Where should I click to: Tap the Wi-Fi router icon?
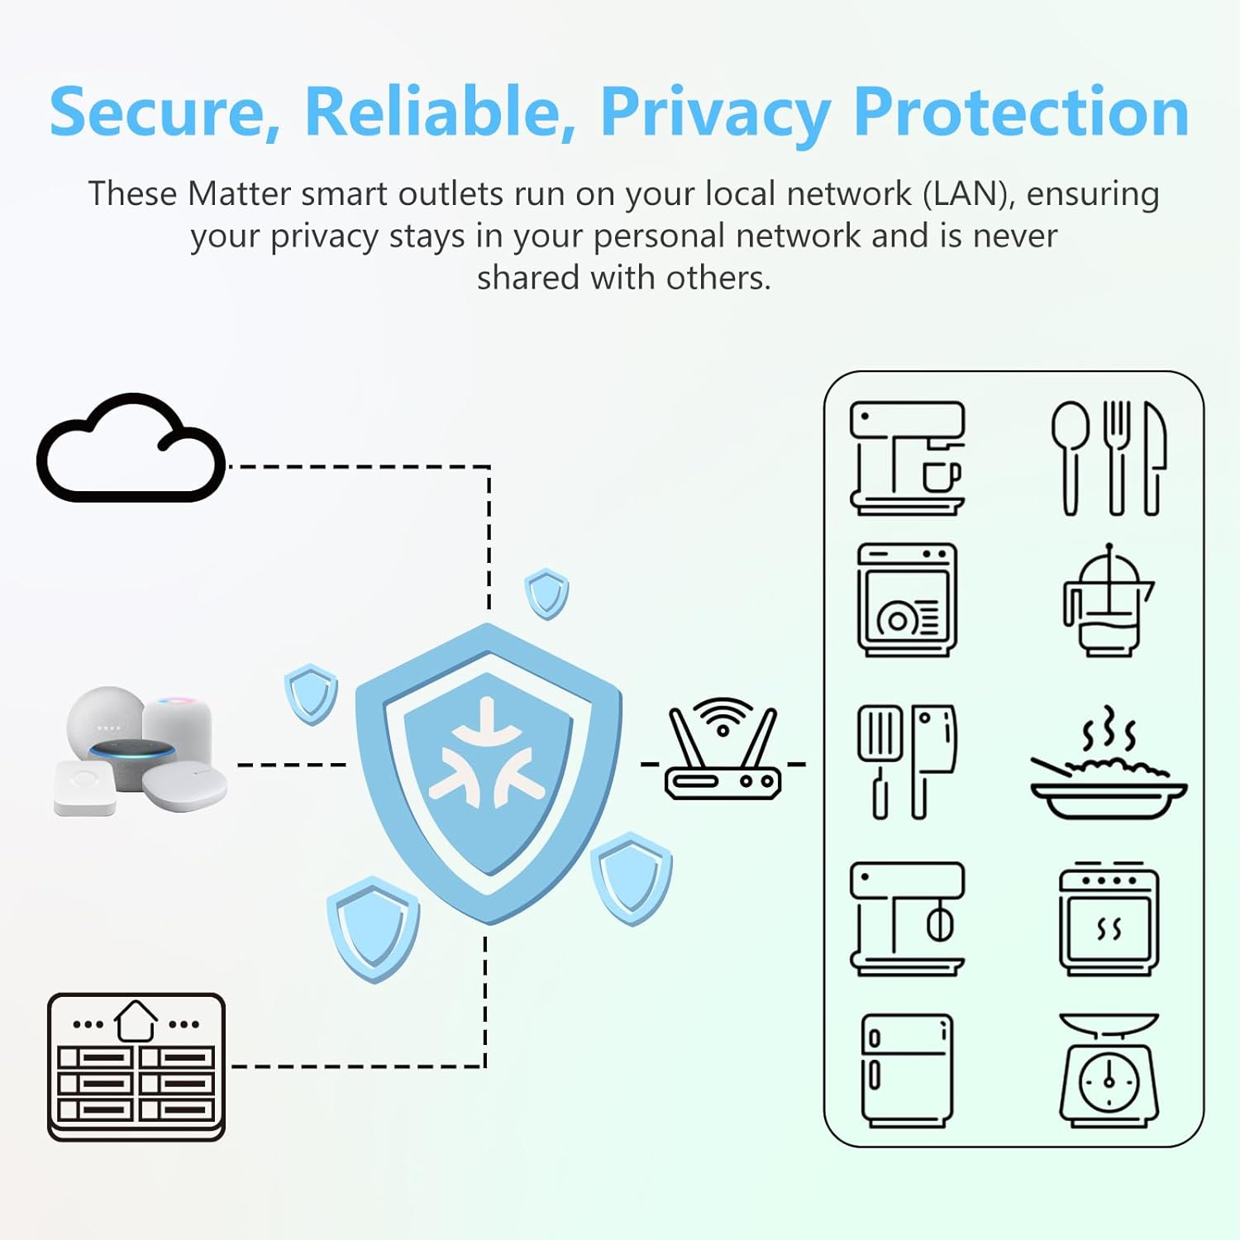pyautogui.click(x=723, y=755)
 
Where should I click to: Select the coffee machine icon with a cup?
pyautogui.click(x=907, y=458)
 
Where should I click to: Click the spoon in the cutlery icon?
pyautogui.click(x=1071, y=455)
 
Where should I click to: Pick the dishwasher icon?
pyautogui.click(x=907, y=599)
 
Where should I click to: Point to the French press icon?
pyautogui.click(x=1107, y=601)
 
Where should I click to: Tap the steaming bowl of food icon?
pyautogui.click(x=1108, y=765)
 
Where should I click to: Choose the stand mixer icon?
pyautogui.click(x=907, y=918)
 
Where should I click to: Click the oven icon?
pyautogui.click(x=1109, y=919)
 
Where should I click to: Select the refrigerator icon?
pyautogui.click(x=907, y=1070)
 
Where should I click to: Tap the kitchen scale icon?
pyautogui.click(x=1109, y=1070)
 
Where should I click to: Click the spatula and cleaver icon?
pyautogui.click(x=907, y=761)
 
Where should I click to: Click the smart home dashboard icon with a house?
pyautogui.click(x=136, y=1066)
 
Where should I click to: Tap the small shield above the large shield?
pyautogui.click(x=546, y=593)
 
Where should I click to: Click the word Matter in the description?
pyautogui.click(x=239, y=194)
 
